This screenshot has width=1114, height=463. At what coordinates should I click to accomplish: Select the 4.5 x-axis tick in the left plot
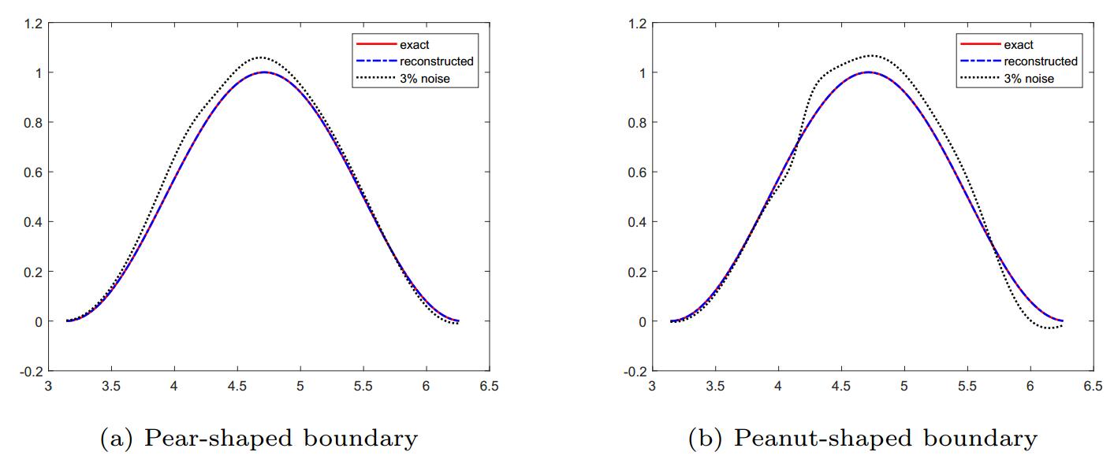pos(237,387)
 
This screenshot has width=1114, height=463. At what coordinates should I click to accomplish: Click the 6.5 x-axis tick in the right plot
pos(1093,387)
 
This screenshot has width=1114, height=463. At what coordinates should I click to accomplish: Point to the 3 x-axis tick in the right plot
pos(652,387)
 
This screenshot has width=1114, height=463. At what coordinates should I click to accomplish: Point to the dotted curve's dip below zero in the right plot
pos(1047,328)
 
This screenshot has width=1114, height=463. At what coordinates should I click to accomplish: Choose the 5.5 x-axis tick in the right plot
pos(967,387)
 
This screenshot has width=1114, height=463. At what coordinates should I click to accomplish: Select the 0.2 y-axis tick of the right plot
pos(636,272)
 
